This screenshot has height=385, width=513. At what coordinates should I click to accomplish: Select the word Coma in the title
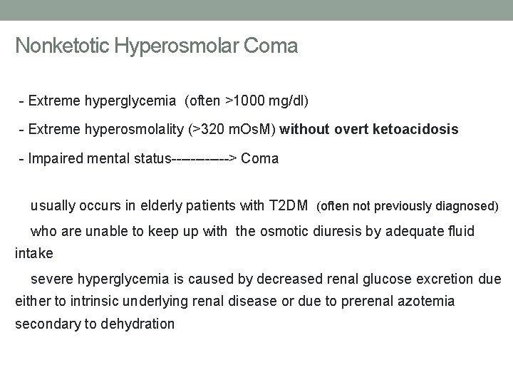click(271, 46)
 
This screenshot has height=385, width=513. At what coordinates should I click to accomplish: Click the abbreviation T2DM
click(289, 206)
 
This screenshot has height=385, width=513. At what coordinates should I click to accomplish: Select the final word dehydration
click(138, 324)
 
